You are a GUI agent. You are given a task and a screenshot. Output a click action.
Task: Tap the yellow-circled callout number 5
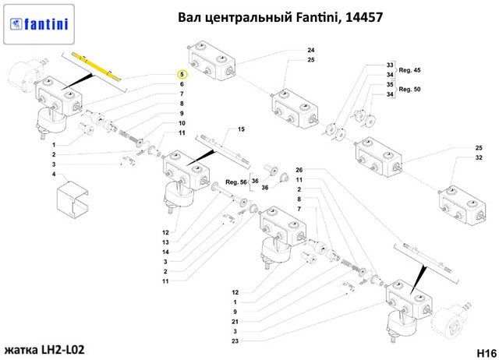(x=181, y=73)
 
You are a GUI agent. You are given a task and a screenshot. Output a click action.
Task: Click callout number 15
(x=241, y=129)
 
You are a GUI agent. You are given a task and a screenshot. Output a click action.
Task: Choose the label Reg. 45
(x=409, y=69)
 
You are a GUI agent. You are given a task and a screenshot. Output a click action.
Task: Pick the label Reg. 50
(x=409, y=89)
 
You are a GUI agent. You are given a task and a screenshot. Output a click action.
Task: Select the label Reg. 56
(x=236, y=182)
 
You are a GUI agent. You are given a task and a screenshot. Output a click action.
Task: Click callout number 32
(x=479, y=157)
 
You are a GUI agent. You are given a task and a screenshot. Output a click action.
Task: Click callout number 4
(x=54, y=175)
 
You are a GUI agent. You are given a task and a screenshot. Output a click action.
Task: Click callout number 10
(x=181, y=123)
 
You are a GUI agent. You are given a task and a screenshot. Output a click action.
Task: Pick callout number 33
(x=390, y=65)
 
